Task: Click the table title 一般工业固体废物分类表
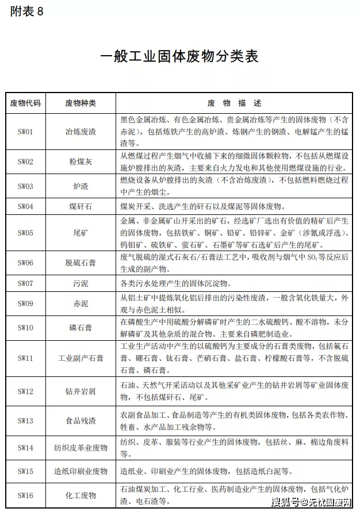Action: pos(179,56)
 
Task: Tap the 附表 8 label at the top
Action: pos(26,13)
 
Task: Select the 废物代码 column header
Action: pos(26,103)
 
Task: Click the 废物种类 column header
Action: pos(81,103)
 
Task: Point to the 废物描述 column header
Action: pos(234,103)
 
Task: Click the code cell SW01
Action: pos(26,132)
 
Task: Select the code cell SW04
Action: pos(26,206)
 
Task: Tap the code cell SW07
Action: pos(26,283)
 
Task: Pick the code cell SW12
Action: pos(26,391)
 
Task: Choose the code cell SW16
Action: pos(26,495)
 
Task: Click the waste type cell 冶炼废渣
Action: pos(81,132)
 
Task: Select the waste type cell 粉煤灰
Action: pos(81,162)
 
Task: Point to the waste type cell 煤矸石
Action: pos(81,206)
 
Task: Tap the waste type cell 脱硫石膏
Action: pos(81,263)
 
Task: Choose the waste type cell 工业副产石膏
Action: pos(81,359)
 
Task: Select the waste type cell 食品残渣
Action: pos(81,421)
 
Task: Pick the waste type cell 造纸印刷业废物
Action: pos(81,471)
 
